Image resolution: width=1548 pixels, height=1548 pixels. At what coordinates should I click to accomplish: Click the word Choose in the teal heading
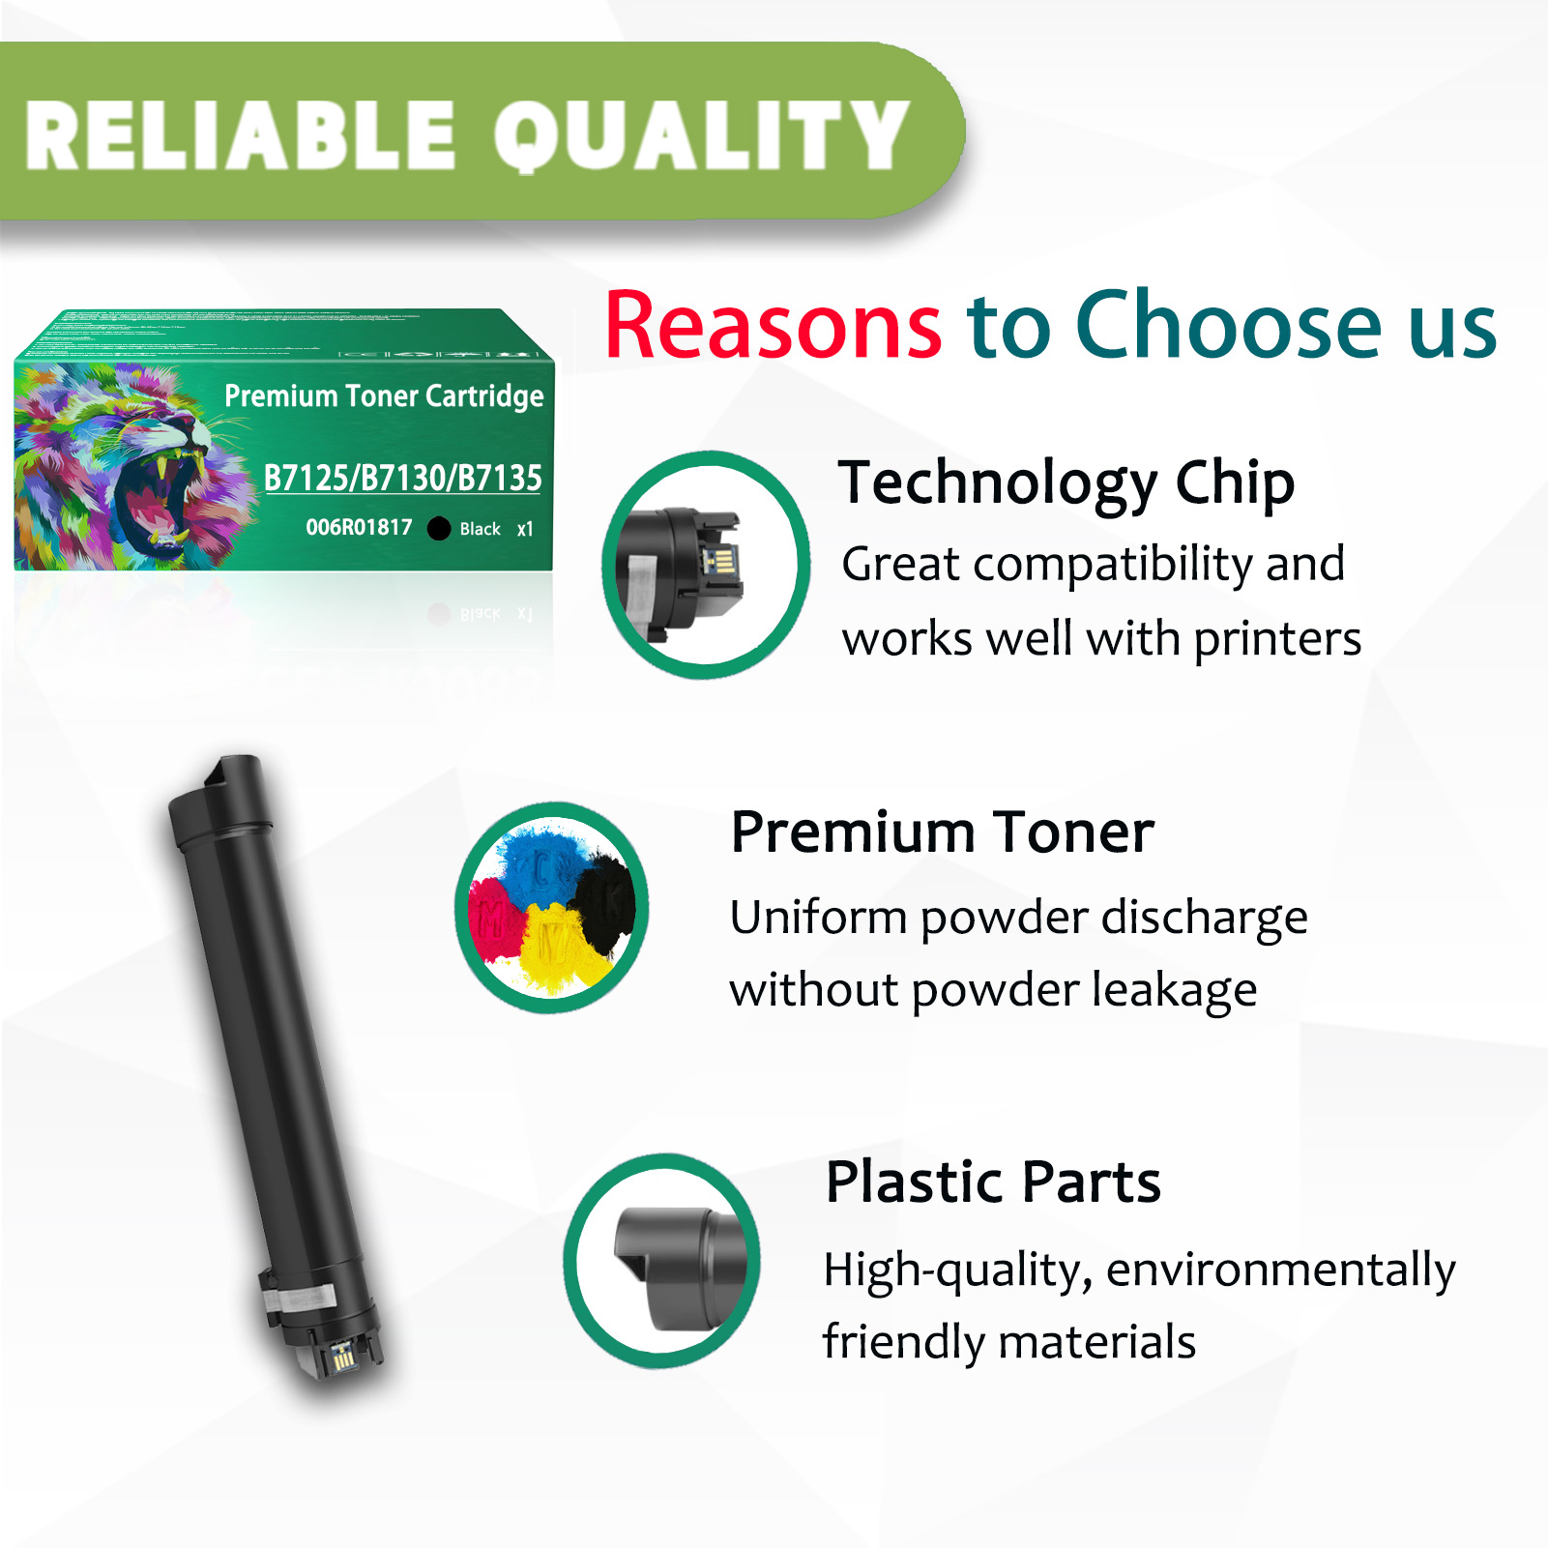[1230, 327]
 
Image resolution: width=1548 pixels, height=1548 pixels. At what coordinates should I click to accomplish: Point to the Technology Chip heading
[1066, 482]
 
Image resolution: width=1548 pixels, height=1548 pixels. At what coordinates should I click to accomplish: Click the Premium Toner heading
[942, 832]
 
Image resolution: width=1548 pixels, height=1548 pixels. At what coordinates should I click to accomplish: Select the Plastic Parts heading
[992, 1182]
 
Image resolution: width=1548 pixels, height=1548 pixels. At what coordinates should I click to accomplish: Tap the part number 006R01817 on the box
[359, 528]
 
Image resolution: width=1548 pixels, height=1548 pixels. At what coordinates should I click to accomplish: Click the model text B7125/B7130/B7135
[402, 478]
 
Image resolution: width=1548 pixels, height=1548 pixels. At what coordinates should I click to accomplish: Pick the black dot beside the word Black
[439, 528]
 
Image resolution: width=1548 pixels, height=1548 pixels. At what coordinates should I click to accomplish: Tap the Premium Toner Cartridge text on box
[384, 396]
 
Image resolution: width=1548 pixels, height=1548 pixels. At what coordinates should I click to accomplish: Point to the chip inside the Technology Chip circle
[720, 562]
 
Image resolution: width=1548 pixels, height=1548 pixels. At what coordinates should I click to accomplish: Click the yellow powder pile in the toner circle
[551, 948]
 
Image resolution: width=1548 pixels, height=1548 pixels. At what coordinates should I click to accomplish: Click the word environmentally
[1280, 1271]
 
